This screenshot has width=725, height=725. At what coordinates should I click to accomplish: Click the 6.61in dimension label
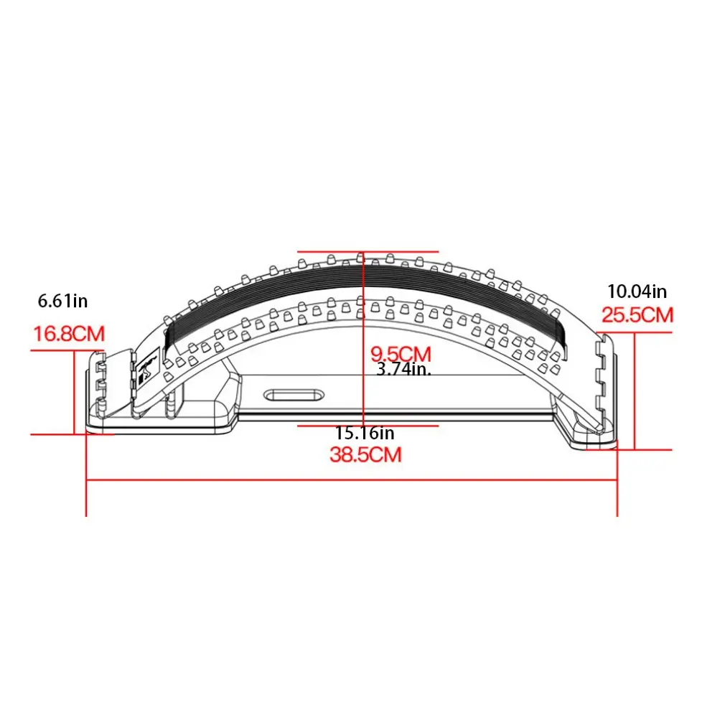point(62,301)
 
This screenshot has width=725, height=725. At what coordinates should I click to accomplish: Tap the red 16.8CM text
point(70,334)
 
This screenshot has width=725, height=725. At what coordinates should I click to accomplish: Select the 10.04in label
point(637,291)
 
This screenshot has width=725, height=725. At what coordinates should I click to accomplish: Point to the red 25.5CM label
point(637,315)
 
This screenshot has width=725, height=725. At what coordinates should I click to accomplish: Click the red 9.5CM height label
point(401,354)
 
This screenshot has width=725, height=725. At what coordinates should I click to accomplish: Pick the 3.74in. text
point(403,369)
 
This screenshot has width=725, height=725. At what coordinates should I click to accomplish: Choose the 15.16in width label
point(365,433)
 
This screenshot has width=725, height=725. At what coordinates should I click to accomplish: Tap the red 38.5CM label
point(365,454)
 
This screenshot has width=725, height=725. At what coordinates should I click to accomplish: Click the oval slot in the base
point(294,396)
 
